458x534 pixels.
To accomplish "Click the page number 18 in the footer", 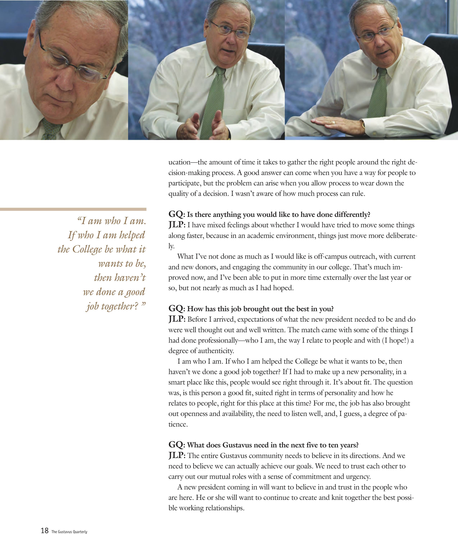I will tap(45, 530).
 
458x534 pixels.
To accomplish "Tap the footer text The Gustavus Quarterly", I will tap(69, 532).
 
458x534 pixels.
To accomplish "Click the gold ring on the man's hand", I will tap(334, 122).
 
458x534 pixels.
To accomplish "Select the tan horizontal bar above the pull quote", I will tap(73, 209).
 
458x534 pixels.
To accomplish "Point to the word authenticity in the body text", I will tap(216, 351).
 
